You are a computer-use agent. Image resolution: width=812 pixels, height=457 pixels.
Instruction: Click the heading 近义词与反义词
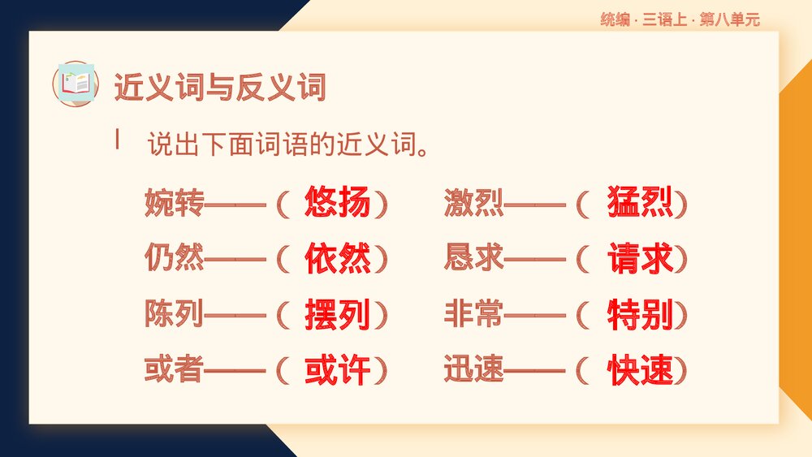tap(219, 86)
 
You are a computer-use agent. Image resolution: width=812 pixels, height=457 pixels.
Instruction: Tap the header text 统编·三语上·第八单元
tap(680, 20)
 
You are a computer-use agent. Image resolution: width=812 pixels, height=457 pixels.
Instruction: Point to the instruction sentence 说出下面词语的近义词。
tap(288, 145)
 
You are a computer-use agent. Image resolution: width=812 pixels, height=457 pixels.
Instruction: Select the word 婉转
tap(174, 204)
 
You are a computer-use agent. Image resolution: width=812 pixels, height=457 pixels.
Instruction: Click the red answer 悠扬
tap(337, 203)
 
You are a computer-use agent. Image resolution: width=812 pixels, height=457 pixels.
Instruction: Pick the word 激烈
tap(473, 204)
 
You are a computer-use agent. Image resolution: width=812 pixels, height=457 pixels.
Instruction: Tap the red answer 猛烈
tap(640, 203)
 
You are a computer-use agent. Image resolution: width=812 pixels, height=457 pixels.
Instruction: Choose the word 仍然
tap(174, 259)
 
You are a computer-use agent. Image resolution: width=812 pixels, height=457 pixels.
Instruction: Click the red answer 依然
tap(337, 259)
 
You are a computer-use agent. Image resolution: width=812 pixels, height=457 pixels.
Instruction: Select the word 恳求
tap(473, 259)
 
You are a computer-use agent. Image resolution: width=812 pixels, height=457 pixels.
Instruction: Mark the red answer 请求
tap(640, 259)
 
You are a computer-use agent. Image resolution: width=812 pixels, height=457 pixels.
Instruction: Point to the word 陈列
tap(174, 314)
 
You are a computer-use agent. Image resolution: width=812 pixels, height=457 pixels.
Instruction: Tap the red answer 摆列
tap(337, 314)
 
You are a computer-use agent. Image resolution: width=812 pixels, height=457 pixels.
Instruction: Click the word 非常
tap(473, 314)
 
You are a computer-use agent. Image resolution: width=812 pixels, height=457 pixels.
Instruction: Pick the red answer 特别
tap(640, 314)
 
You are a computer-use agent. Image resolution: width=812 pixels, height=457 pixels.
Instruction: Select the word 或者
tap(174, 370)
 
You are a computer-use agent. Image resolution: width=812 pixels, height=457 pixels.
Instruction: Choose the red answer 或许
tap(337, 370)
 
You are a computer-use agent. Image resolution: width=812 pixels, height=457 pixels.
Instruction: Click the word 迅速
tap(473, 370)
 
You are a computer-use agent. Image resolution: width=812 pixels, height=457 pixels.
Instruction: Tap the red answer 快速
tap(640, 370)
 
